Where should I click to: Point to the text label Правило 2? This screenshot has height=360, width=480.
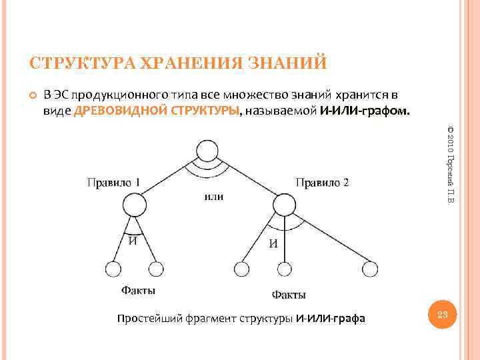(322, 182)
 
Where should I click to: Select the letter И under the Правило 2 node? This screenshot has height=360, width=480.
(273, 243)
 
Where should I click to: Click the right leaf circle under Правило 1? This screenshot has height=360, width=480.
(155, 269)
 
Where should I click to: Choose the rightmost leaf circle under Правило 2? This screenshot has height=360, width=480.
(370, 269)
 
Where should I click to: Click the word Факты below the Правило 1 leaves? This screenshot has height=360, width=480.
(138, 291)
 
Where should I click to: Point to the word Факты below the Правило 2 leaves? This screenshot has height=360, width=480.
(289, 295)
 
